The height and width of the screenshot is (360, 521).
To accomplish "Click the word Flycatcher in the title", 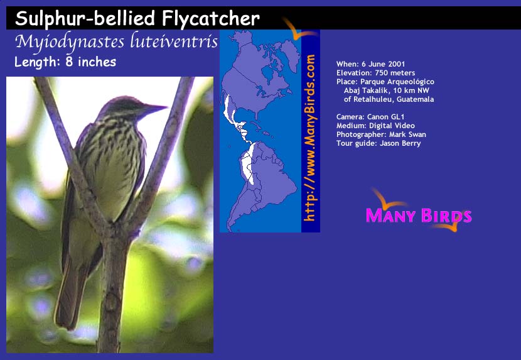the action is coord(211,18).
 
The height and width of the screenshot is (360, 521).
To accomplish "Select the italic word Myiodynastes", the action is coord(70,42).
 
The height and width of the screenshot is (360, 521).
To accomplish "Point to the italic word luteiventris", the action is coord(174,41).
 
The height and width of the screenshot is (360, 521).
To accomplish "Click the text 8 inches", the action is coord(91,62).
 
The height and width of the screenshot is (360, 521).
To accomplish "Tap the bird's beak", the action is coord(154,108).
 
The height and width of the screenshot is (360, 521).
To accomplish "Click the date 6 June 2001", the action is coord(383,64).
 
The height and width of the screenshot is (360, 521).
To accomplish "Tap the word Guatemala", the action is coord(416,99).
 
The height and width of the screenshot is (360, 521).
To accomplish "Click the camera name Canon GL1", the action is coord(385,117).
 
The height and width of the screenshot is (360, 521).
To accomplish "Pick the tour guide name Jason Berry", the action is coord(400,143).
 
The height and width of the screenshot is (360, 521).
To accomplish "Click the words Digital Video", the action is coord(392,126).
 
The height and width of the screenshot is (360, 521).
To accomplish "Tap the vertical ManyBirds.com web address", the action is coord(309,138).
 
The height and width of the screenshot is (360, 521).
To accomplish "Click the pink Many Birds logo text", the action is coord(419,215).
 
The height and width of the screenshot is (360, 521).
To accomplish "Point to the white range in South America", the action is coord(248,165).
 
